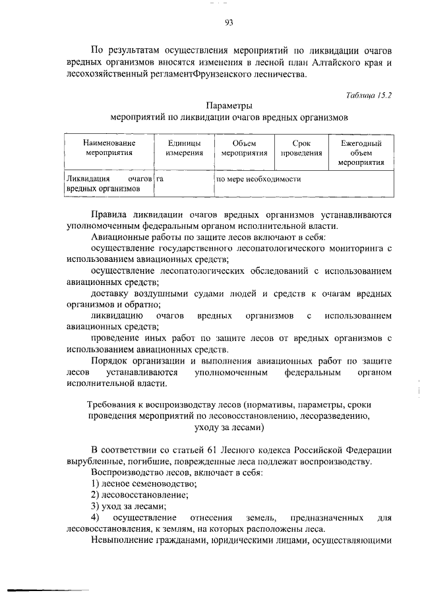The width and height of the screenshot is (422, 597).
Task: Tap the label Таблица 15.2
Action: [369, 95]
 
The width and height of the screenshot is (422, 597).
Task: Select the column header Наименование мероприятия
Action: [109, 148]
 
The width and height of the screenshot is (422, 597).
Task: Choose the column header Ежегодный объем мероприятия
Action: [361, 152]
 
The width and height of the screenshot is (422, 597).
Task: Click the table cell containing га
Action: [160, 179]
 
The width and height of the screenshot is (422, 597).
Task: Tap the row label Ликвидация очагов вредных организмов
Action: [109, 183]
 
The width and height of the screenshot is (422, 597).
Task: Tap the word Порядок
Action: [109, 361]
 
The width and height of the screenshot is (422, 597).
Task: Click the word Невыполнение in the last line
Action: [123, 541]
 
